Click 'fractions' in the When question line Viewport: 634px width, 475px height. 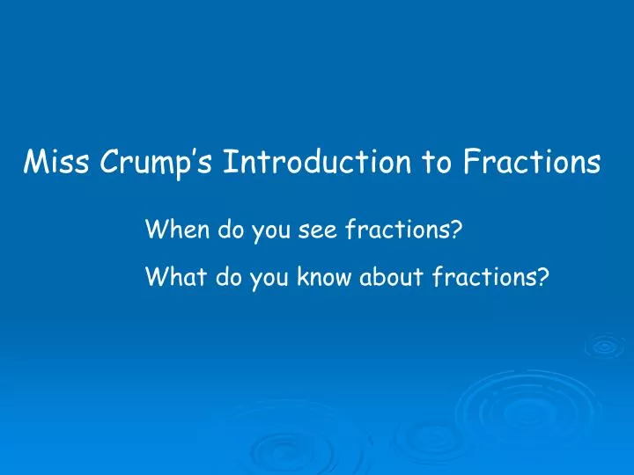click(396, 232)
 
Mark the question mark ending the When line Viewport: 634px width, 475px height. click(458, 232)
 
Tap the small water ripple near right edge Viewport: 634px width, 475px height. click(604, 346)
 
